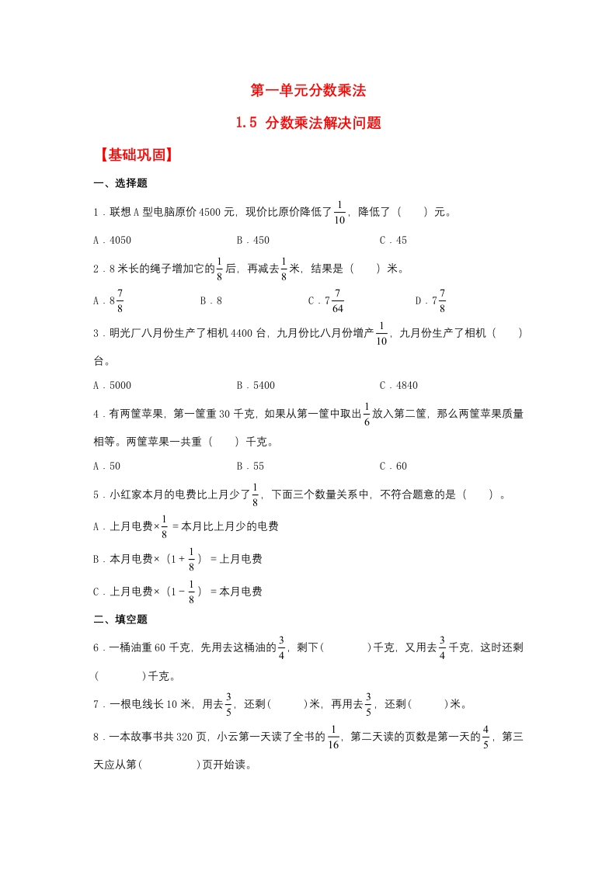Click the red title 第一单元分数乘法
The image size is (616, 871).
pyautogui.click(x=308, y=91)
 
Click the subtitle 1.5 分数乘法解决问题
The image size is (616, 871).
pyautogui.click(x=308, y=123)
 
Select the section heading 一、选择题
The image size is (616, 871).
pyautogui.click(x=120, y=184)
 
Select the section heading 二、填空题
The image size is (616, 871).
pyautogui.click(x=120, y=619)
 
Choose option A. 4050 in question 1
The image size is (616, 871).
pyautogui.click(x=113, y=241)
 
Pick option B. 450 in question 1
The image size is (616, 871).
pyautogui.click(x=253, y=241)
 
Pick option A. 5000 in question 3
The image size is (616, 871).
pyautogui.click(x=113, y=386)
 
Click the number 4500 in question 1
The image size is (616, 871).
pyautogui.click(x=211, y=212)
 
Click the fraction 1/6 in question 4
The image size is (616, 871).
pyautogui.click(x=366, y=415)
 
